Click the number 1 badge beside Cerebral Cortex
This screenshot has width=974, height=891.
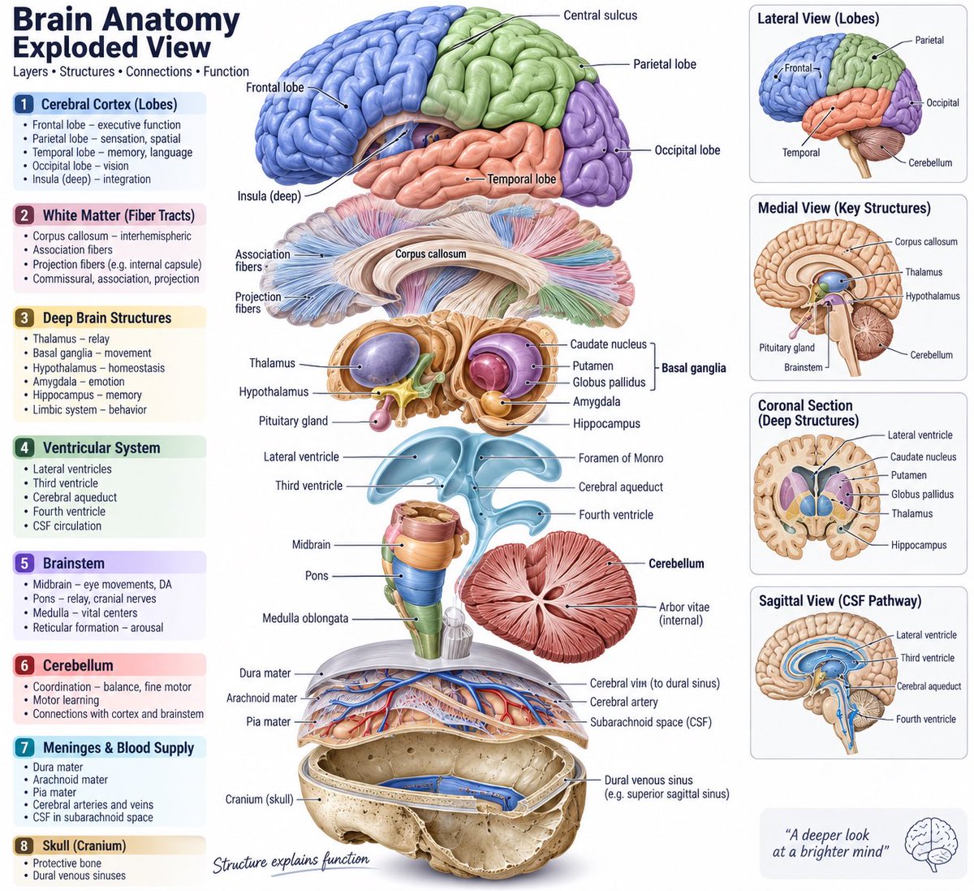(24, 105)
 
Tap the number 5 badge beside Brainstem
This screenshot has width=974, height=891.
(24, 564)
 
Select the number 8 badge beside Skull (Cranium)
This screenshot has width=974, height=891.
(24, 846)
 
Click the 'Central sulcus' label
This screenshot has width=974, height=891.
(600, 15)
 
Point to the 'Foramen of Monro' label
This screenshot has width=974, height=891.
(621, 458)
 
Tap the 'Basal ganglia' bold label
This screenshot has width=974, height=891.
(693, 368)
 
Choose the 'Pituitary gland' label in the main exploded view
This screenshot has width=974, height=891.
(293, 421)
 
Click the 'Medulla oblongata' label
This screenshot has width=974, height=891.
(305, 618)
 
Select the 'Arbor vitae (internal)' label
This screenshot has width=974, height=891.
(683, 613)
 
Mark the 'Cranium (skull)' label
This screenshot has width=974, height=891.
(259, 799)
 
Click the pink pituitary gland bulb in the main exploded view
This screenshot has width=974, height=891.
(377, 419)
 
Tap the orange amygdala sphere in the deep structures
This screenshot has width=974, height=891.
(493, 403)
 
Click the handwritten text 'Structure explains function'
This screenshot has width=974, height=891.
(291, 863)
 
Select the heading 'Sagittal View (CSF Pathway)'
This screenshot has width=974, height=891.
(839, 601)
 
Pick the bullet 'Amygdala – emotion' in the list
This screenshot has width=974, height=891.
(79, 382)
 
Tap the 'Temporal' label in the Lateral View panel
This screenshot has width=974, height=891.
(800, 153)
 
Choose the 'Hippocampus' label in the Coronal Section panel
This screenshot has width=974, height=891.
(919, 545)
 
